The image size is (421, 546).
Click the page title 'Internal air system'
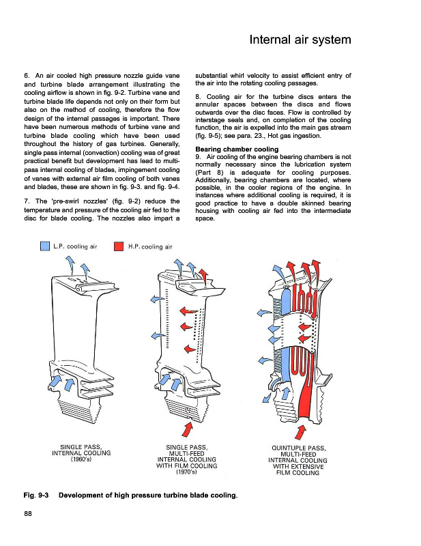(x=300, y=40)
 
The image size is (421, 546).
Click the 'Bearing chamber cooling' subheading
(x=237, y=149)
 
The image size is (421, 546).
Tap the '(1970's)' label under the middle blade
(x=186, y=472)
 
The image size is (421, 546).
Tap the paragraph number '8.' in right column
(x=199, y=97)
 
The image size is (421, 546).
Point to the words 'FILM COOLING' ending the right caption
(x=300, y=473)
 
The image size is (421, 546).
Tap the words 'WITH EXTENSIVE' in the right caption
(x=300, y=467)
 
